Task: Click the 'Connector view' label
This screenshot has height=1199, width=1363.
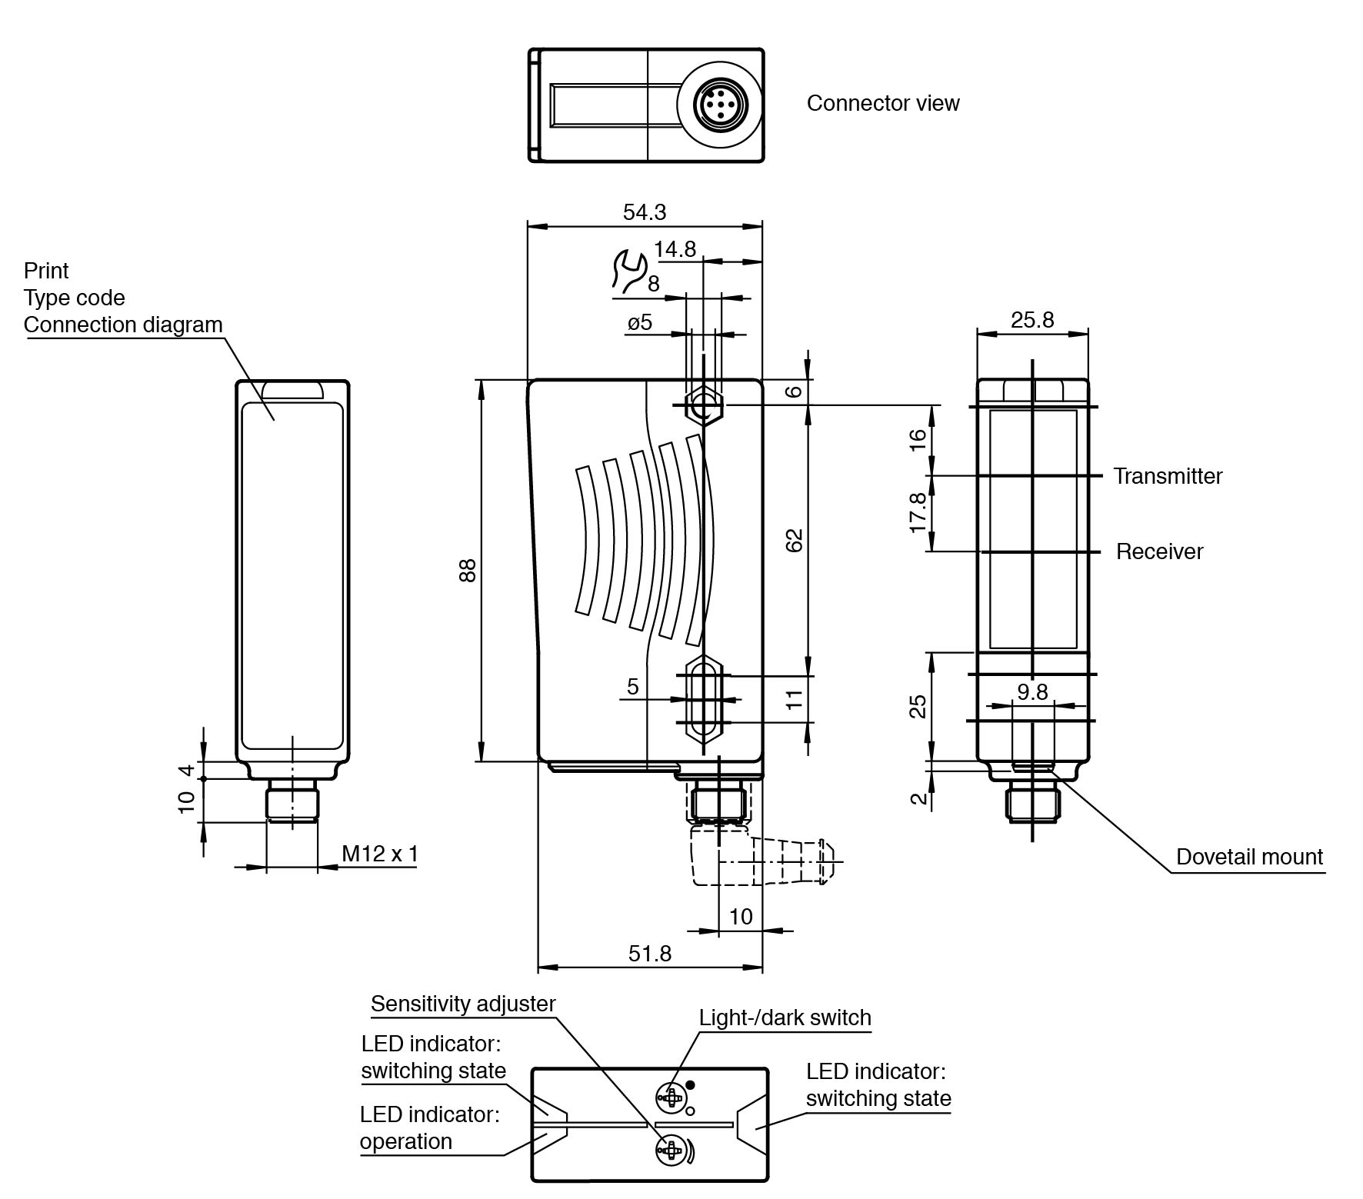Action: point(882,103)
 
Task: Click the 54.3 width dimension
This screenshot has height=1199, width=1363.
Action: point(644,212)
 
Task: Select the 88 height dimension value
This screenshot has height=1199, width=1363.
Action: point(468,570)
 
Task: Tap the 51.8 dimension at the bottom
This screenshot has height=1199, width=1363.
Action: point(649,954)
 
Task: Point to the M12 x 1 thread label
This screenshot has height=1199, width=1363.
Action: point(380,854)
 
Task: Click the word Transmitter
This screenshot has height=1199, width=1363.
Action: point(1167,476)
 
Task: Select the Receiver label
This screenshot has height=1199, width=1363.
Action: point(1159,551)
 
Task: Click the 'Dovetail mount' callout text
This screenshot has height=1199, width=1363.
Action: point(1249,857)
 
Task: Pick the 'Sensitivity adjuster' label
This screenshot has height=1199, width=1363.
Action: point(463,1004)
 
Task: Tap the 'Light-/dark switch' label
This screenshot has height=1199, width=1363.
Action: point(785,1017)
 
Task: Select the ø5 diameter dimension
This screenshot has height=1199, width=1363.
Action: point(639,322)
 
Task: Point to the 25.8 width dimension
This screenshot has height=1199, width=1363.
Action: point(1031,320)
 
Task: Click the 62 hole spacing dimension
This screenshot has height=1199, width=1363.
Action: point(795,540)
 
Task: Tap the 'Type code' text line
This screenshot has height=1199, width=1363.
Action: point(74,298)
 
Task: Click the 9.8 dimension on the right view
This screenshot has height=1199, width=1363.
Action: point(1032,692)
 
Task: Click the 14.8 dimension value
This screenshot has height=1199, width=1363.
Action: point(675,249)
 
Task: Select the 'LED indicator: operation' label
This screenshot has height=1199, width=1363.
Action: point(429,1127)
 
